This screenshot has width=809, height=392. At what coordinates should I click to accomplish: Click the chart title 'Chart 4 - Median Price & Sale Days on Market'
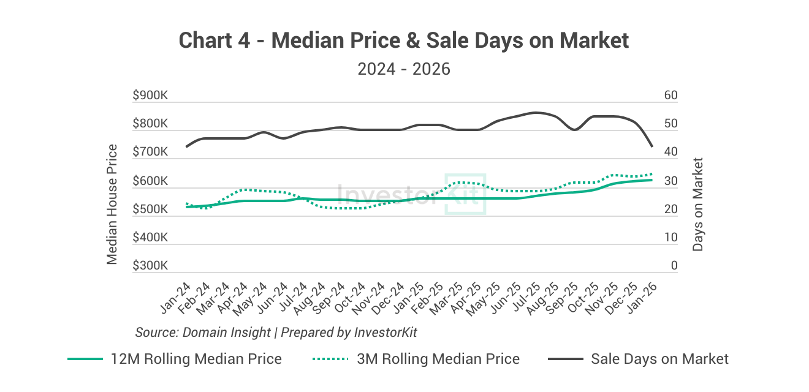(x=404, y=40)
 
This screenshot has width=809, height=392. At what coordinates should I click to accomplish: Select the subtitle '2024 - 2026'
(x=404, y=69)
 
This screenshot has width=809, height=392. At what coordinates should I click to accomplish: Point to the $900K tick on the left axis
(x=150, y=96)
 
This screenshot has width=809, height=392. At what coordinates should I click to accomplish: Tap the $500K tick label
(x=150, y=209)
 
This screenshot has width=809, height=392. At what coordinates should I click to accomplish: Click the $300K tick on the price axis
(x=150, y=266)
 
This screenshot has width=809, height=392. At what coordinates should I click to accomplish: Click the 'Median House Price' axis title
(x=112, y=204)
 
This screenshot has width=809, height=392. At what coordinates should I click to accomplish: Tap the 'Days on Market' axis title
(x=698, y=204)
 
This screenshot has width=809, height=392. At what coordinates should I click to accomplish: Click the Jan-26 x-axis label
(x=641, y=298)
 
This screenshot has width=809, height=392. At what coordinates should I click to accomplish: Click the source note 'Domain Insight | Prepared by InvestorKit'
(x=276, y=332)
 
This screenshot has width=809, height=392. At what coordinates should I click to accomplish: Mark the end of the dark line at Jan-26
(x=651, y=146)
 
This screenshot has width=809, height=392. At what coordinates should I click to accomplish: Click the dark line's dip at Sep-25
(x=574, y=129)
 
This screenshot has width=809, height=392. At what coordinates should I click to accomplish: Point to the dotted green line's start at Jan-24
(x=186, y=203)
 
